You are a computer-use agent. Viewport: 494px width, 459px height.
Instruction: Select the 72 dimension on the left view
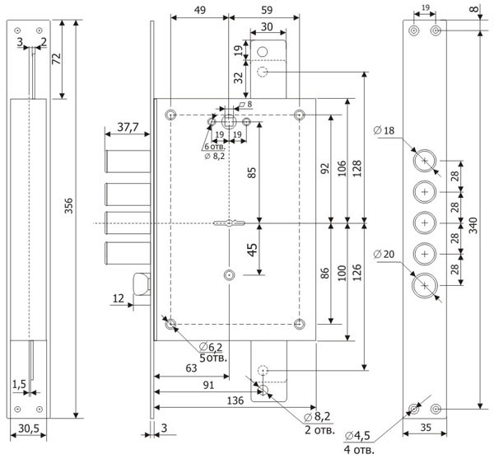coord(55,59)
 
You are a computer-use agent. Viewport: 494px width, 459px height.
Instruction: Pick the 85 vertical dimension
coord(252,173)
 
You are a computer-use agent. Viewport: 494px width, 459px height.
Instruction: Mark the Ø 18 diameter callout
coord(385,130)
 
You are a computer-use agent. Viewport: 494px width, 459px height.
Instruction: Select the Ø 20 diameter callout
coord(384,254)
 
